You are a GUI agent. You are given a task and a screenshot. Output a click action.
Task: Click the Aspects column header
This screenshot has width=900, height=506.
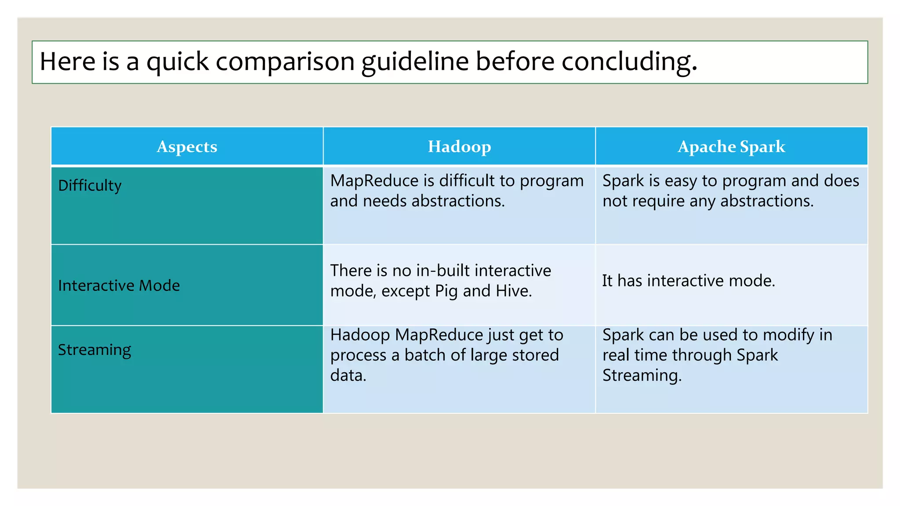[x=187, y=147]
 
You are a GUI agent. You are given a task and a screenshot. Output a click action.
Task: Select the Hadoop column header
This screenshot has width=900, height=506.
[x=459, y=147]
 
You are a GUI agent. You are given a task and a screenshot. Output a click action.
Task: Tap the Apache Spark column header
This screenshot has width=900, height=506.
[x=731, y=147]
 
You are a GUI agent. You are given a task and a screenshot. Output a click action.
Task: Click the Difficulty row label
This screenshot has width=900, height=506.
[x=90, y=185]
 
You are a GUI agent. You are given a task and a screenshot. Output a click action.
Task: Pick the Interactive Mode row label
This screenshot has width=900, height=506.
[x=119, y=286]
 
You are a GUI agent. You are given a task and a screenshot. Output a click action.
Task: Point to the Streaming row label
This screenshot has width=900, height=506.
[x=94, y=350]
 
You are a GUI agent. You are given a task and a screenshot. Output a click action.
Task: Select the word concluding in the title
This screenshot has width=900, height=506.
[x=628, y=61]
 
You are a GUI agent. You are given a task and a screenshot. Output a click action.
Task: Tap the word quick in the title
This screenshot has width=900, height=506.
[x=178, y=61]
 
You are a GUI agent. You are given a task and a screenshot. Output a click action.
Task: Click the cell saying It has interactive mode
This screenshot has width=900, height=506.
[x=688, y=281]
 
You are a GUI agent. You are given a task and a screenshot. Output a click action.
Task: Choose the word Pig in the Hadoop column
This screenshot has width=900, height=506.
[x=446, y=291]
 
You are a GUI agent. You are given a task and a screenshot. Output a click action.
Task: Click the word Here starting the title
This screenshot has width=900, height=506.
[x=67, y=61]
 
